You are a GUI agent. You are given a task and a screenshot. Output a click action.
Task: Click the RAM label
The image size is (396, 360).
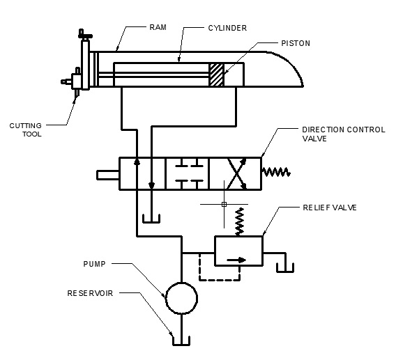click(x=158, y=27)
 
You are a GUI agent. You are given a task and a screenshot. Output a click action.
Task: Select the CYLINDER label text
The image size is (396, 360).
click(x=227, y=28)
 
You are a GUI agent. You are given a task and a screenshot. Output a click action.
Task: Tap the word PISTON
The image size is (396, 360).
click(x=296, y=43)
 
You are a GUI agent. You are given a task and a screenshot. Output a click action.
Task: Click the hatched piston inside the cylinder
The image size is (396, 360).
click(x=216, y=75)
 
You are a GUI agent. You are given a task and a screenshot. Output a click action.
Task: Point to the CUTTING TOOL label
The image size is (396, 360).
click(x=26, y=130)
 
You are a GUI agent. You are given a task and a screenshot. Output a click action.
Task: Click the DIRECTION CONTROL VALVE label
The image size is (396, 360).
click(x=344, y=134)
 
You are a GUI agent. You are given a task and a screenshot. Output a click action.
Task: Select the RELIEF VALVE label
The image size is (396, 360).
click(x=330, y=208)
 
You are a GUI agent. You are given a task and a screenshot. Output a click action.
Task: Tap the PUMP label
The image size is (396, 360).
click(x=94, y=264)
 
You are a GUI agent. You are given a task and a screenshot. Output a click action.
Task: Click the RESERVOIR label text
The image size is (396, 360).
click(x=90, y=293)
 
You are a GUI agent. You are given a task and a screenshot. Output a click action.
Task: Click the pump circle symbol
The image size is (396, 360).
click(x=181, y=298)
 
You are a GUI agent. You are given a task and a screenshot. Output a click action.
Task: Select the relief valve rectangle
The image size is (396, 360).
click(x=238, y=251)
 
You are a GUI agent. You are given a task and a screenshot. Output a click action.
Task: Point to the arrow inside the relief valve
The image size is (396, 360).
click(x=236, y=260)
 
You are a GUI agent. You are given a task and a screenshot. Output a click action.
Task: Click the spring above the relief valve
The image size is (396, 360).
click(x=239, y=221)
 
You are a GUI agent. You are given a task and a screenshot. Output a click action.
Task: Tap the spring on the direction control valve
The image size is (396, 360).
click(x=276, y=173)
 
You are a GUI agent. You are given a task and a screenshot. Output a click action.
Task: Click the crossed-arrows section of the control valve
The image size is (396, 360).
click(x=236, y=173)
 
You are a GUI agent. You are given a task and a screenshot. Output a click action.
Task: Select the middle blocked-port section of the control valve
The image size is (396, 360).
click(x=188, y=173)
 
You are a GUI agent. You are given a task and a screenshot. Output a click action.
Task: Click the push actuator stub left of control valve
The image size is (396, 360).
click(x=108, y=175)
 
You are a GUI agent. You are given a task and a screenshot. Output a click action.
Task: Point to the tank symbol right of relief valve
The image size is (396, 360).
click(x=285, y=267)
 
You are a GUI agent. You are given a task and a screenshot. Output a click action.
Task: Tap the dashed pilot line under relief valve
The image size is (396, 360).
click(x=219, y=279)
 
